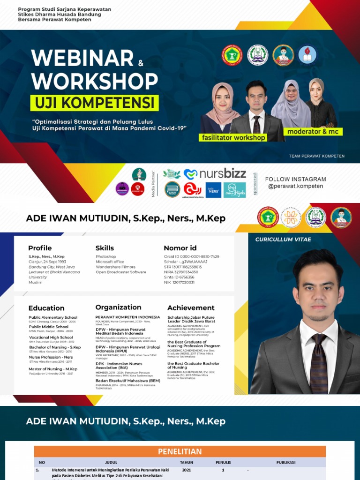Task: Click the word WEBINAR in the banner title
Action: (x=82, y=59)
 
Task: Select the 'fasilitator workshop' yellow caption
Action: (x=232, y=138)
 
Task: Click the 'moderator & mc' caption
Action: (x=313, y=132)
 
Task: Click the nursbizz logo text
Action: (x=222, y=174)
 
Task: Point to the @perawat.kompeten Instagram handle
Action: (x=295, y=186)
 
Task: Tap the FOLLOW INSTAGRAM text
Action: (x=295, y=179)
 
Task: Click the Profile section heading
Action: (x=40, y=248)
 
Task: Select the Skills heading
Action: (x=105, y=248)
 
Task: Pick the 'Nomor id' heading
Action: (x=180, y=248)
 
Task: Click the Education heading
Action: (x=46, y=308)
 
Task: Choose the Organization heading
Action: (x=118, y=307)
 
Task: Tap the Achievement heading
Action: (x=191, y=308)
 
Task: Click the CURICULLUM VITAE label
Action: (x=283, y=240)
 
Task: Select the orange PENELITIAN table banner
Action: (x=180, y=451)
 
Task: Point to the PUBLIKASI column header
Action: (x=285, y=462)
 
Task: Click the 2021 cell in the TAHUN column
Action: (x=186, y=470)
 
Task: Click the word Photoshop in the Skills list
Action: (x=106, y=257)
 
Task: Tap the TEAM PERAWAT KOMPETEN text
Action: (x=317, y=156)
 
